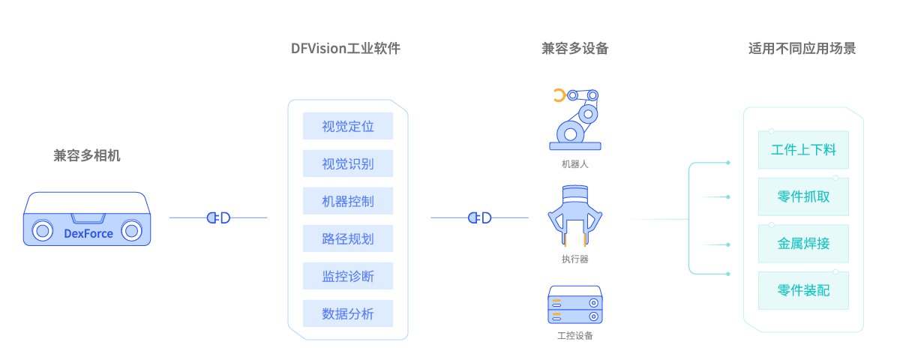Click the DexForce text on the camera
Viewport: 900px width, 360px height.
coord(88,233)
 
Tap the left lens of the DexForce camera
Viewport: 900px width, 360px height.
coord(43,229)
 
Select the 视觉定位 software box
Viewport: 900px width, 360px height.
coord(348,126)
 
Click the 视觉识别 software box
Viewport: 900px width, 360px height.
coord(348,163)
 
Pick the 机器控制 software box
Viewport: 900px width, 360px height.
coord(348,201)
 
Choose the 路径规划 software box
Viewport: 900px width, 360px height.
coord(348,238)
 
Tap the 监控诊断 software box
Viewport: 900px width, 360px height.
coord(348,276)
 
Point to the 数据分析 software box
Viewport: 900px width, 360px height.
coord(348,313)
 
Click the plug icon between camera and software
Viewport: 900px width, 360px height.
coord(218,217)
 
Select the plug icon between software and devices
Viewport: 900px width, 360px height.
coord(480,217)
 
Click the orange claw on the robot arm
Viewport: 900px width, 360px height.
coord(559,95)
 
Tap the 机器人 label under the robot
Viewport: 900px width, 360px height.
coord(574,163)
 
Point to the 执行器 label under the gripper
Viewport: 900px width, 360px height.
coord(574,259)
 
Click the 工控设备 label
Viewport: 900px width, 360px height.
coord(574,335)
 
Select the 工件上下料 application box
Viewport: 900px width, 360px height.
coord(803,149)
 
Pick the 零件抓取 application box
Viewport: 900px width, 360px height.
coord(803,196)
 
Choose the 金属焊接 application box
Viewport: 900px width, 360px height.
coord(803,244)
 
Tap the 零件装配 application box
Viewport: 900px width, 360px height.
coord(803,291)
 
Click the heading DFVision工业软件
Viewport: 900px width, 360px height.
coord(346,49)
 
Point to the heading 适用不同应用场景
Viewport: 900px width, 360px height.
coord(802,49)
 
